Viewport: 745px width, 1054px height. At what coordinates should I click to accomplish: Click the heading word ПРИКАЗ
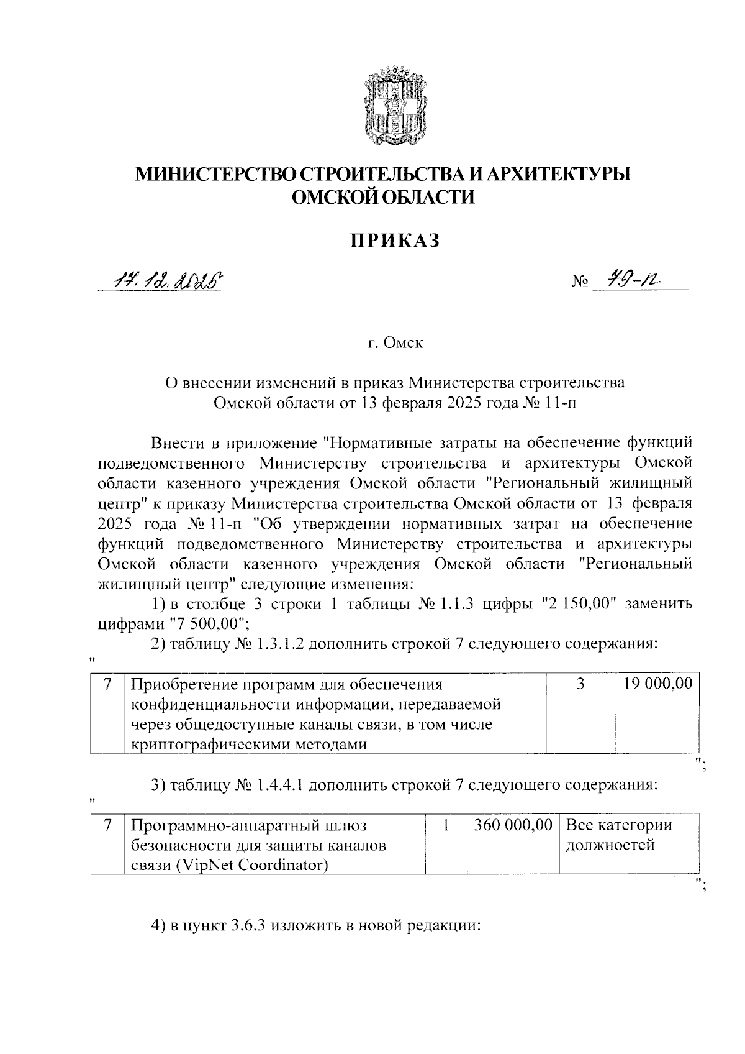tap(394, 240)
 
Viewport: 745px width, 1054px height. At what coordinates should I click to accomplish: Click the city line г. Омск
tap(394, 342)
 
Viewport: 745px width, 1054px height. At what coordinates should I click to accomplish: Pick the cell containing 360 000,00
tap(513, 825)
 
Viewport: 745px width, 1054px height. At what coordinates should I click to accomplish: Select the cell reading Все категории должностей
tap(619, 835)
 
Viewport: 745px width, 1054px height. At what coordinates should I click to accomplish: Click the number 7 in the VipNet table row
tap(107, 825)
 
